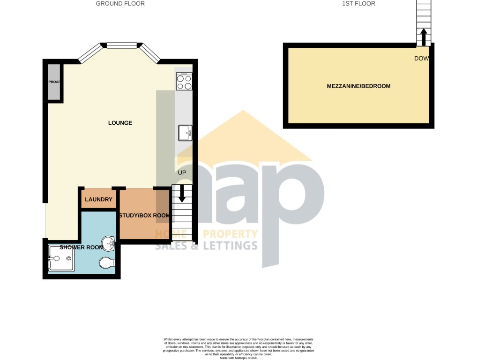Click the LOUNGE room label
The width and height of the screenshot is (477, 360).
pos(120,123)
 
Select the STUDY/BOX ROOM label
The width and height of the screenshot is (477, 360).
pos(144,216)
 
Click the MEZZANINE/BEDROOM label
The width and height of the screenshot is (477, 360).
pos(358,86)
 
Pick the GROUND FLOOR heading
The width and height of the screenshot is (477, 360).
pos(120,4)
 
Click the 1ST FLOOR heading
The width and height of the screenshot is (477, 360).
pos(359,4)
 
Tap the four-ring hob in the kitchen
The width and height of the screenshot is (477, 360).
pos(184,82)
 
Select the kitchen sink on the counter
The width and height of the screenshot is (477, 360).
pos(185,133)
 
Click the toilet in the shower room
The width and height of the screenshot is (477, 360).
pos(107,263)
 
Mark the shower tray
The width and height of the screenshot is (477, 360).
pos(60,258)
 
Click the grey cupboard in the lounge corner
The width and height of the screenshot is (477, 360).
pos(54,82)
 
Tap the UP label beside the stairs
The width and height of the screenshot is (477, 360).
pos(182,172)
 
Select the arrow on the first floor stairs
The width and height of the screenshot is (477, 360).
pos(423,36)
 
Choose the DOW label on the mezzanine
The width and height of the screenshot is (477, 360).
pos(422,59)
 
